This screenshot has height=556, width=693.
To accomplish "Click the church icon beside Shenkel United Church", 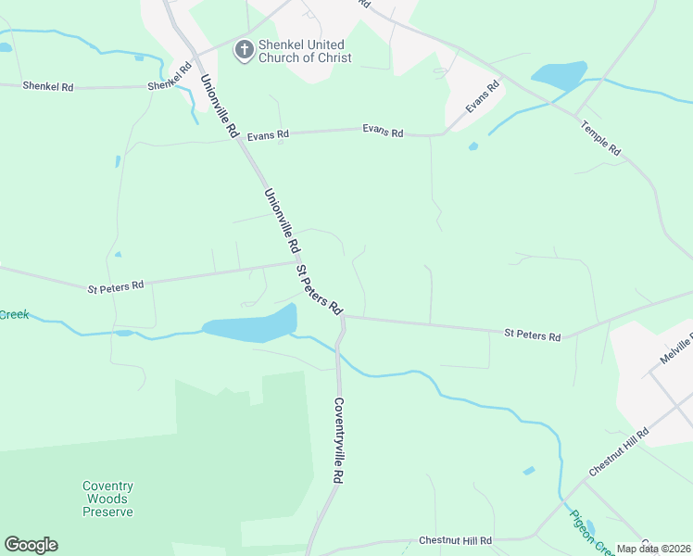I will [x=244, y=50].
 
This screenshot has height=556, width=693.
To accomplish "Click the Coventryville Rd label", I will [x=339, y=441].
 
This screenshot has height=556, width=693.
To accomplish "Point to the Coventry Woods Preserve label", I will [x=107, y=499].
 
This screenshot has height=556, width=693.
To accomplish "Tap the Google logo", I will [x=31, y=545].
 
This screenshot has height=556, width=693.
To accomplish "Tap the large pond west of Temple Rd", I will [x=559, y=75].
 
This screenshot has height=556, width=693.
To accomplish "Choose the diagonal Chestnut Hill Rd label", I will [x=619, y=453].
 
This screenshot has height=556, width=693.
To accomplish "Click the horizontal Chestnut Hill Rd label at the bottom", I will [x=455, y=540].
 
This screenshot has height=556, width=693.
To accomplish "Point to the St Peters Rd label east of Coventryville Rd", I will [x=533, y=335].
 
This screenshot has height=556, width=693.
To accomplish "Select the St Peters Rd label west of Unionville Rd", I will [x=116, y=286].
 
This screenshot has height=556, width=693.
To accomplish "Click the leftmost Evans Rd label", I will [x=269, y=134].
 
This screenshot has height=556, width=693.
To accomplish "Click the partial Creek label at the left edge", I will [x=14, y=315].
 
